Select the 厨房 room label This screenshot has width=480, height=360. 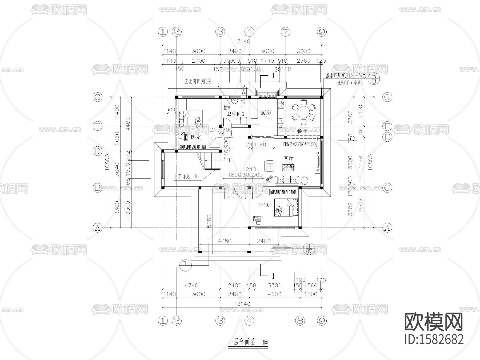click(x=266, y=113)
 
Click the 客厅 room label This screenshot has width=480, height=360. click(x=288, y=158)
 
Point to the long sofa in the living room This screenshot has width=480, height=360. click(x=287, y=180)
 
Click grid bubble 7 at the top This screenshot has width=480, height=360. click(x=285, y=32)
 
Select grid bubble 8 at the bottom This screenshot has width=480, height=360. click(x=300, y=321)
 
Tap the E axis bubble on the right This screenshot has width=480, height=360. click(x=387, y=137)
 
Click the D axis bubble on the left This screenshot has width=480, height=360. click(x=98, y=151)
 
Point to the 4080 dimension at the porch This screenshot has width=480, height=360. click(x=225, y=241)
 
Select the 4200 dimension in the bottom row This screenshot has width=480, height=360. click(x=275, y=294)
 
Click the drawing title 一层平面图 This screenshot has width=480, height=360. click(x=242, y=342)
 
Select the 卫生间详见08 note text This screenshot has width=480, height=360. click(x=198, y=82)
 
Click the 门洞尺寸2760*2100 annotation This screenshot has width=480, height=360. click(x=299, y=144)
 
